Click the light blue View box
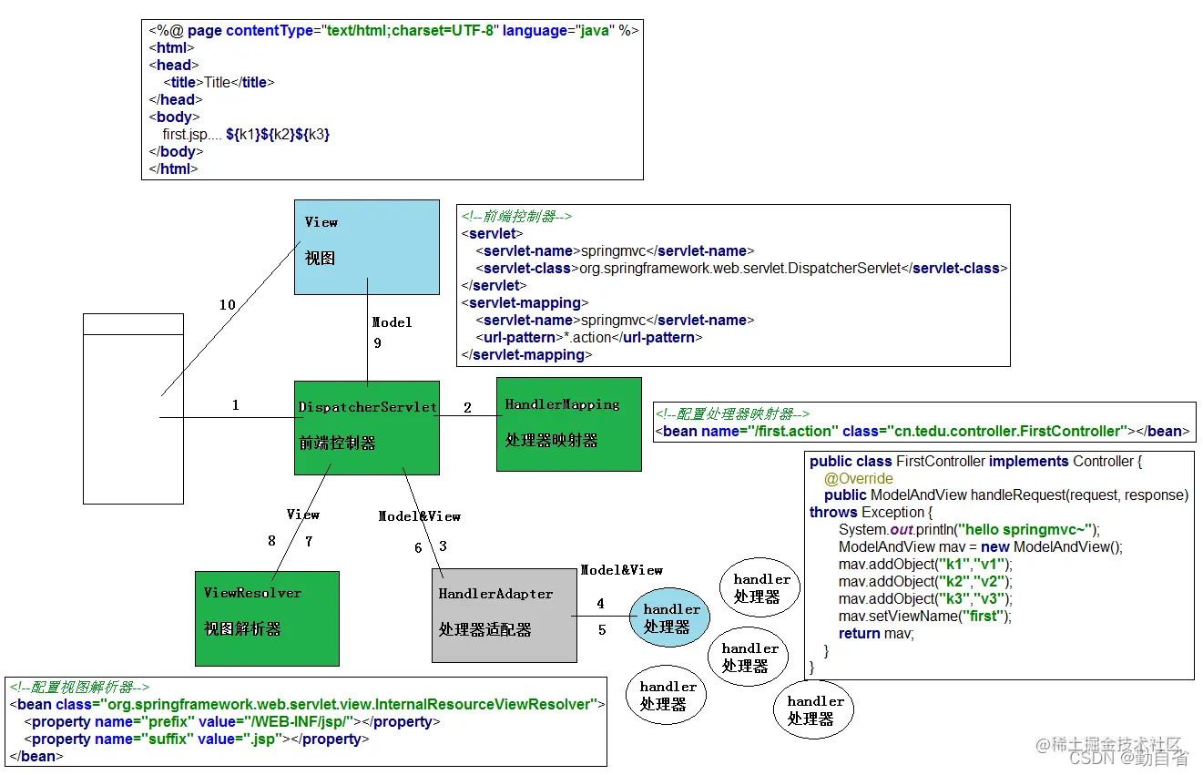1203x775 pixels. coord(366,246)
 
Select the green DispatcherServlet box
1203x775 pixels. coord(367,427)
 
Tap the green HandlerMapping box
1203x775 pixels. coord(568,423)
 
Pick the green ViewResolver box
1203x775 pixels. coord(267,618)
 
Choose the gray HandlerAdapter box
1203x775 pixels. coord(504,615)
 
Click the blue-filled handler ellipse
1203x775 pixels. coord(672,618)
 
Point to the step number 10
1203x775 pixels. coord(227,305)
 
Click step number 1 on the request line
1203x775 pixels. coord(235,405)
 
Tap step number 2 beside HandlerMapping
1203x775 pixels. coord(467,408)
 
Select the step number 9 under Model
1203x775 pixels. coord(377,343)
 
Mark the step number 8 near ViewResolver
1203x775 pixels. coord(271,541)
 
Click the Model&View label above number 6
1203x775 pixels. coord(420,516)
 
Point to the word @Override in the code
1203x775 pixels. coord(859,478)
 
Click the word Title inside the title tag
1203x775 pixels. coord(217,83)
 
